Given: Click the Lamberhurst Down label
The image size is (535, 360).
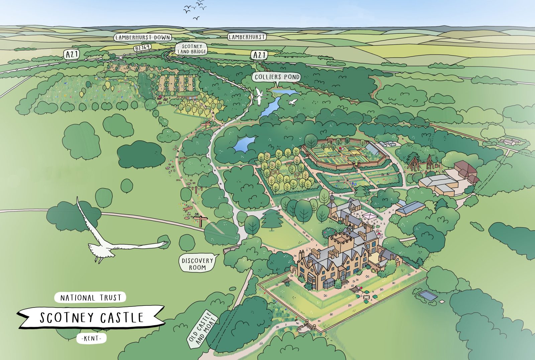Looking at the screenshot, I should coord(143,37).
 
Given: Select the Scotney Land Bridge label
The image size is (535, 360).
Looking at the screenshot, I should coord(192,49).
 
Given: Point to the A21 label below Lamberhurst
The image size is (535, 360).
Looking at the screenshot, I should coord(259,55).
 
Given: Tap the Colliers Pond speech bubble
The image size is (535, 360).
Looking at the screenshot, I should coord(277,77).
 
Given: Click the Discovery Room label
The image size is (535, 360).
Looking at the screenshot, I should coord(197,264).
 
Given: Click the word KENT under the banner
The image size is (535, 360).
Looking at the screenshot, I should coord(91,338).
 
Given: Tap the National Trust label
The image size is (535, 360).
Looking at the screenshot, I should coord(90,297).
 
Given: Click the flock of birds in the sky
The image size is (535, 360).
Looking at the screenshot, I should coord(195,8).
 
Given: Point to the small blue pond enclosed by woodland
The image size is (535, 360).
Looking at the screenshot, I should coord(244,144).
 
